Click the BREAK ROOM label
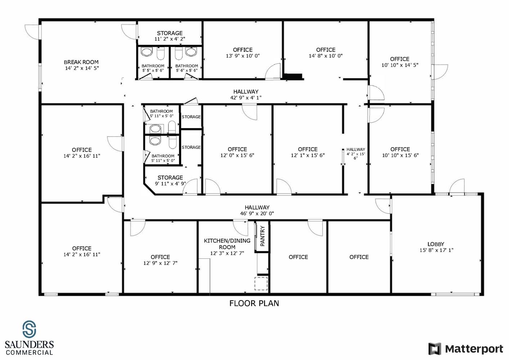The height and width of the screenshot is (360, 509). pyautogui.click(x=81, y=62)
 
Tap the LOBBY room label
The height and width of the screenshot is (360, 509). pyautogui.click(x=436, y=244)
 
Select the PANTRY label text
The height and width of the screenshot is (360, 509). pyautogui.click(x=263, y=236)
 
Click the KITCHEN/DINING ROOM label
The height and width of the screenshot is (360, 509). pyautogui.click(x=227, y=244)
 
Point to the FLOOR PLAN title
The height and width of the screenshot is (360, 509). pyautogui.click(x=254, y=303)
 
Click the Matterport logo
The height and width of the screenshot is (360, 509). pyautogui.click(x=466, y=348)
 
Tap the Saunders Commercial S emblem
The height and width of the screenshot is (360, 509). pyautogui.click(x=29, y=329)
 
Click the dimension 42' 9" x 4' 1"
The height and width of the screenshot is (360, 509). pyautogui.click(x=246, y=98)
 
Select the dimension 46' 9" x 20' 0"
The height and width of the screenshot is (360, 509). pyautogui.click(x=257, y=213)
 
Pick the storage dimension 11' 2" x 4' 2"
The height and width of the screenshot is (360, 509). pyautogui.click(x=170, y=39)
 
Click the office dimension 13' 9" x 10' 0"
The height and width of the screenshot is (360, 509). pyautogui.click(x=243, y=56)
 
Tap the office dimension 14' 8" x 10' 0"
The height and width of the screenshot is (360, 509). pyautogui.click(x=326, y=56)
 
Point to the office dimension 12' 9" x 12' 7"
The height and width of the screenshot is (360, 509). pyautogui.click(x=160, y=263)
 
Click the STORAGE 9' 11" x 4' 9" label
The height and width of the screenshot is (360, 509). pyautogui.click(x=170, y=181)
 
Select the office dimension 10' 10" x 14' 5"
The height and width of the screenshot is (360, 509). pyautogui.click(x=400, y=65)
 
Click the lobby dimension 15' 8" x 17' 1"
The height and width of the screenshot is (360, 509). pyautogui.click(x=436, y=250)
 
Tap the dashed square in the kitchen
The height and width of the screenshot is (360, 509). pyautogui.click(x=261, y=283)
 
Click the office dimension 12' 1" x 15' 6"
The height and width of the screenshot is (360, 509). pyautogui.click(x=308, y=156)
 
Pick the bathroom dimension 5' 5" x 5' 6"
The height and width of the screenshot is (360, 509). pyautogui.click(x=153, y=71)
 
